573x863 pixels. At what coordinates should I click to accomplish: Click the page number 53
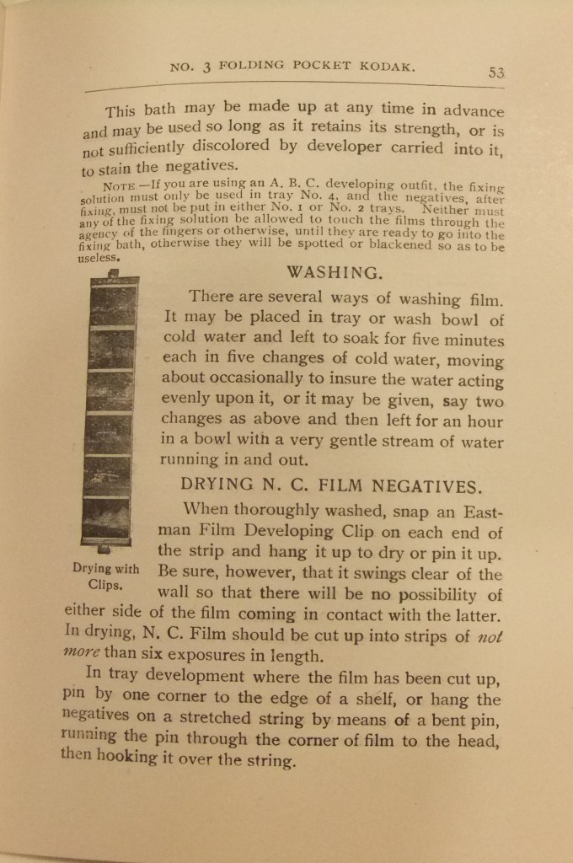pos(495,73)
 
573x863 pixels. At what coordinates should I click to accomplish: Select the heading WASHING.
pos(335,272)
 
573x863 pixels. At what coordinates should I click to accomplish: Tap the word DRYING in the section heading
pos(217,485)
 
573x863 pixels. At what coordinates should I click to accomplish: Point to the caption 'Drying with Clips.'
pos(105,576)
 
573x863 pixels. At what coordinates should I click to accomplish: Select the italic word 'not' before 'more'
pos(490,636)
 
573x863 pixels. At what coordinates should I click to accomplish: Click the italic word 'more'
pos(82,653)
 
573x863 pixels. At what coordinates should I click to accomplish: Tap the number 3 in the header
pos(206,67)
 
